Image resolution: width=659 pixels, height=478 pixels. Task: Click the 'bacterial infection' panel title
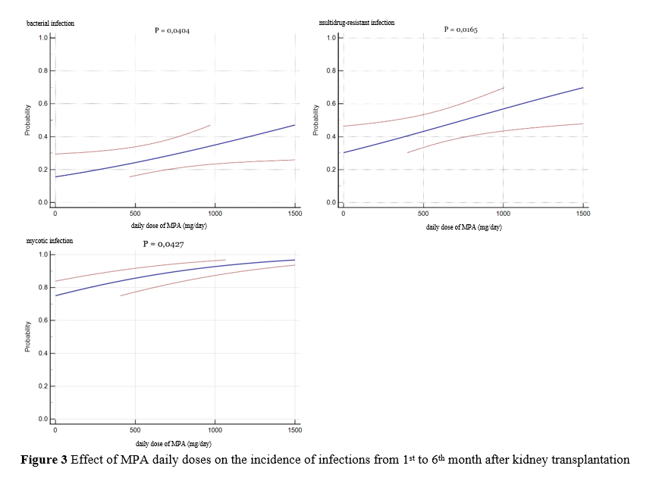pyautogui.click(x=50, y=23)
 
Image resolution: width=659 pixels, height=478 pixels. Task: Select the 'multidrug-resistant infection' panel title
pyautogui.click(x=356, y=23)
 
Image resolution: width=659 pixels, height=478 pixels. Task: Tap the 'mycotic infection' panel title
pyautogui.click(x=50, y=241)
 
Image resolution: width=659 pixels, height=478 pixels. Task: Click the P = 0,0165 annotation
pyautogui.click(x=460, y=30)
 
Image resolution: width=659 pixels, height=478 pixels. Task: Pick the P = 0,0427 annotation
pyautogui.click(x=163, y=244)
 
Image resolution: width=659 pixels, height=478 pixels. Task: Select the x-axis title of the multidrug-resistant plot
pyautogui.click(x=463, y=227)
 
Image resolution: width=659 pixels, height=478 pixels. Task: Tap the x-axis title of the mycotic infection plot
pyautogui.click(x=174, y=443)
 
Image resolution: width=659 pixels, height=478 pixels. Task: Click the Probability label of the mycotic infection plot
pyautogui.click(x=27, y=336)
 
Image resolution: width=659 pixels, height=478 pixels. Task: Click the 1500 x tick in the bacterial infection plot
pyautogui.click(x=294, y=214)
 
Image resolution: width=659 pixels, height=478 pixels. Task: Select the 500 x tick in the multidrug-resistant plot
pyautogui.click(x=423, y=214)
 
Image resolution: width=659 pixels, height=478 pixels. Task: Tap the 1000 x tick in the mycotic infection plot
pyautogui.click(x=214, y=430)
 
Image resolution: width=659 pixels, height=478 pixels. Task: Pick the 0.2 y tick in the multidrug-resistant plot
pyautogui.click(x=332, y=170)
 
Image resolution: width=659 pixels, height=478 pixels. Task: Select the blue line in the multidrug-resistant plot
pyautogui.click(x=463, y=120)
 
